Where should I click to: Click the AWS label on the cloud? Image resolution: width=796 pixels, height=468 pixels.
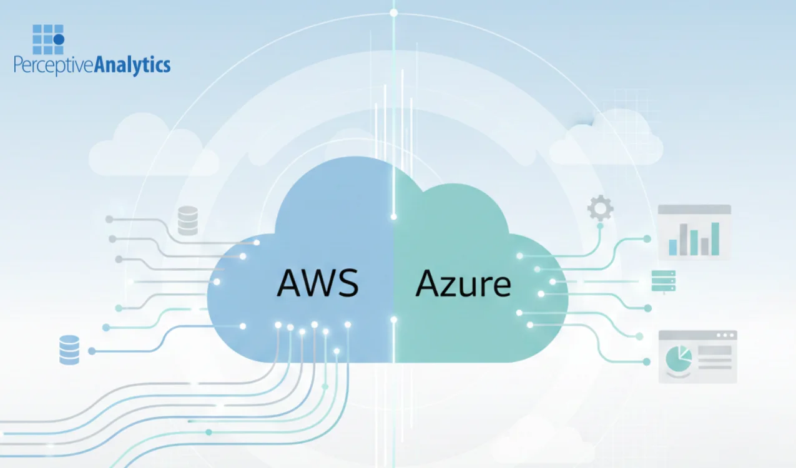pos(318,283)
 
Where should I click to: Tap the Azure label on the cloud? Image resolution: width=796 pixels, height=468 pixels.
pos(463,284)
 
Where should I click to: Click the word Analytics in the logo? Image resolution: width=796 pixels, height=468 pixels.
pos(132,65)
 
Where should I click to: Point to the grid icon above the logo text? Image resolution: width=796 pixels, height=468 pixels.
pos(48,40)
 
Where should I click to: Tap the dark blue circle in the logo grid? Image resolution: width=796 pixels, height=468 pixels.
pos(59,39)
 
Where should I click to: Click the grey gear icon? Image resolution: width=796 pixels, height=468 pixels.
pos(600,208)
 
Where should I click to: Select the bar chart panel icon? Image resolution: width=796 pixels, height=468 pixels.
pos(694,232)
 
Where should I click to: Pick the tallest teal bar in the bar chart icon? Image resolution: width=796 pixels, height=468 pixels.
pos(715,239)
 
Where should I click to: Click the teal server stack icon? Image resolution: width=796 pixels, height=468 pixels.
pos(663,281)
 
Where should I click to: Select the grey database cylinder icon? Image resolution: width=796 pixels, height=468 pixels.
pos(187,220)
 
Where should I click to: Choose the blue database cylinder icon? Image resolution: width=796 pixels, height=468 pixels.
pos(69,349)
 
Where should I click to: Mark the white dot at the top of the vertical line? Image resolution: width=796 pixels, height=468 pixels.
pos(393,12)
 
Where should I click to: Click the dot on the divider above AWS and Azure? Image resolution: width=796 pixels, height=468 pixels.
pos(393,217)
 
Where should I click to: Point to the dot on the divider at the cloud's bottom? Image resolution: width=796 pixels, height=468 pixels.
pos(393,319)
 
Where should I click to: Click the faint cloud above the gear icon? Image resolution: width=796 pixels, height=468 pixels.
pos(605,141)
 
